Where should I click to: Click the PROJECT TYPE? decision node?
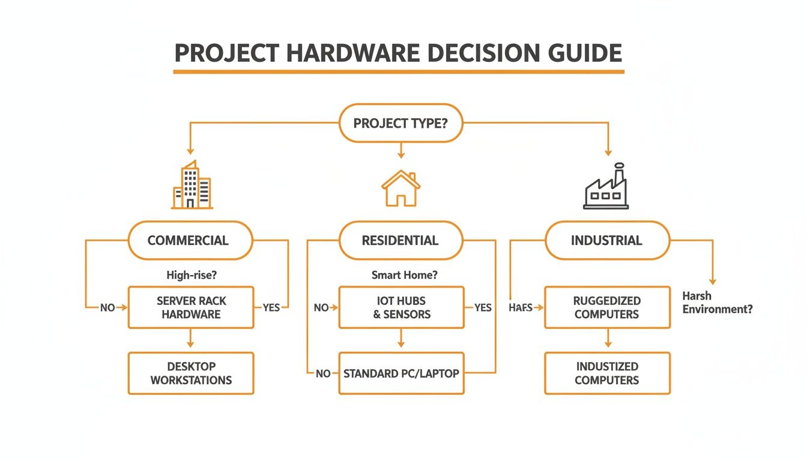pyautogui.click(x=400, y=124)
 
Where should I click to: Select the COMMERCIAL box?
pyautogui.click(x=188, y=241)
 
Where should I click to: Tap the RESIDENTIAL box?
pyautogui.click(x=400, y=241)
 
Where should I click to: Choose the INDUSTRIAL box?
pyautogui.click(x=606, y=241)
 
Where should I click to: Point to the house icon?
pyautogui.click(x=400, y=188)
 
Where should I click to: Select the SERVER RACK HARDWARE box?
pyautogui.click(x=191, y=307)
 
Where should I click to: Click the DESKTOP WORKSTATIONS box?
pyautogui.click(x=191, y=373)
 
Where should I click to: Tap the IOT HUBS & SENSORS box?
pyautogui.click(x=401, y=307)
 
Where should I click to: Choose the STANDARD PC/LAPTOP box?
pyautogui.click(x=401, y=373)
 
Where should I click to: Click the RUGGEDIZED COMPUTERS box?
pyautogui.click(x=607, y=307)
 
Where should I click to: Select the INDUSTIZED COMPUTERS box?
pyautogui.click(x=607, y=373)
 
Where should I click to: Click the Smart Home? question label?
pyautogui.click(x=405, y=276)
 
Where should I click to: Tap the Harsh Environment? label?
pyautogui.click(x=718, y=303)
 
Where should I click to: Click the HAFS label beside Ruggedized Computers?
pyautogui.click(x=521, y=307)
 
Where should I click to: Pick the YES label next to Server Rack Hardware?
pyautogui.click(x=271, y=307)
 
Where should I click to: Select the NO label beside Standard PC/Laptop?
pyautogui.click(x=323, y=373)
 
